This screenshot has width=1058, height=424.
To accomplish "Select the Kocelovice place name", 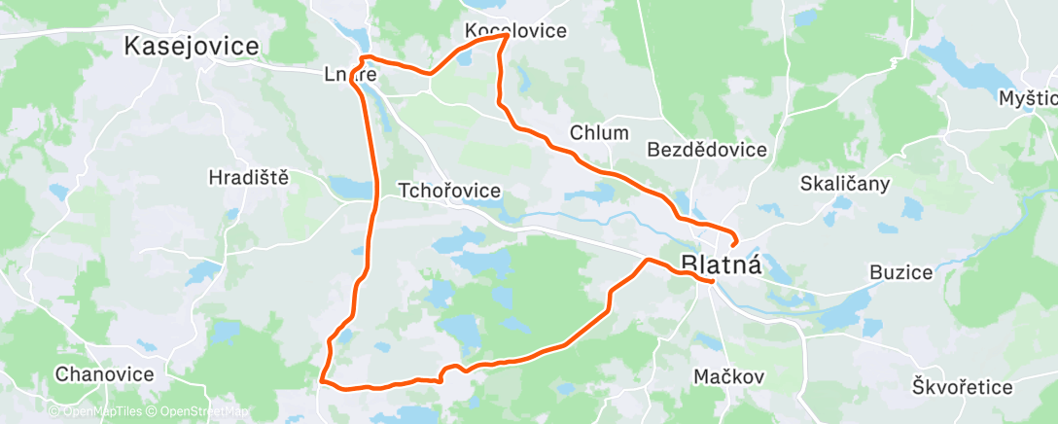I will pyautogui.click(x=515, y=30).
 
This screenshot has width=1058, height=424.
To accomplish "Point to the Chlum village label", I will pyautogui.click(x=600, y=133).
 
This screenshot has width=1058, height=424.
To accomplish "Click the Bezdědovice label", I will pyautogui.click(x=707, y=150).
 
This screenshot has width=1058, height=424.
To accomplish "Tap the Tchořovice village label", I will pyautogui.click(x=450, y=192).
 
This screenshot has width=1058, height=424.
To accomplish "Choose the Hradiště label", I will pyautogui.click(x=249, y=177).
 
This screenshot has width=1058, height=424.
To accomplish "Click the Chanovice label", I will pyautogui.click(x=104, y=373).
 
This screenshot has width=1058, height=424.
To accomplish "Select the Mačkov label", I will pyautogui.click(x=729, y=375).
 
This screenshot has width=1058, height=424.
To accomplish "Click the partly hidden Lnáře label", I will pyautogui.click(x=349, y=73).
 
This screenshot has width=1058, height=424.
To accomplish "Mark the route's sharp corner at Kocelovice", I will pyautogui.click(x=507, y=36).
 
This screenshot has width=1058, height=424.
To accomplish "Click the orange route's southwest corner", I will pyautogui.click(x=323, y=382).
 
